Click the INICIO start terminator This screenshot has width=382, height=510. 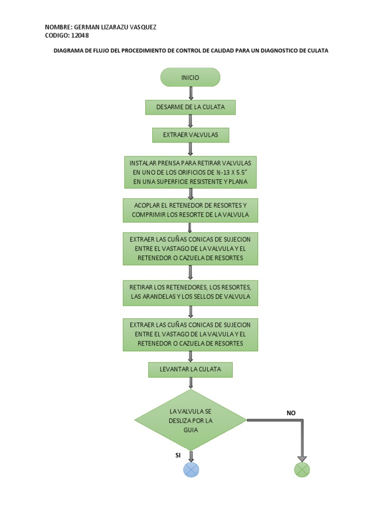point(190,77)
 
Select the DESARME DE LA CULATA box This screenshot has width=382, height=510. point(191,108)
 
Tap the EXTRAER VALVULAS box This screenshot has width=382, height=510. point(191,135)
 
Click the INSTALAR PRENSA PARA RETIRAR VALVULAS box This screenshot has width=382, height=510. point(191,172)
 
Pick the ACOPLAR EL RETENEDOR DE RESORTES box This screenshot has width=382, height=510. point(191,211)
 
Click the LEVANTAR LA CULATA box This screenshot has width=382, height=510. point(191,370)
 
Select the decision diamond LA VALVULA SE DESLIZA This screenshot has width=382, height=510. point(191,420)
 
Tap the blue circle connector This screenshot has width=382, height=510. point(191,470)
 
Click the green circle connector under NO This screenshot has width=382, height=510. point(302,470)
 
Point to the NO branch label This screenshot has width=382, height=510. point(291,413)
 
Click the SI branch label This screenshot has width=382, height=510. point(178,455)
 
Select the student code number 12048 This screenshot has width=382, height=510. point(80,35)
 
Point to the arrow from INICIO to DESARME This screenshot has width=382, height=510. point(191,93)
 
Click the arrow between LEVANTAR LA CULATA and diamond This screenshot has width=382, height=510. point(191,383)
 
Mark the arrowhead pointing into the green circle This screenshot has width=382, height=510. point(302,459)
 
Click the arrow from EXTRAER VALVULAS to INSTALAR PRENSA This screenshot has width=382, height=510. point(191,149)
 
